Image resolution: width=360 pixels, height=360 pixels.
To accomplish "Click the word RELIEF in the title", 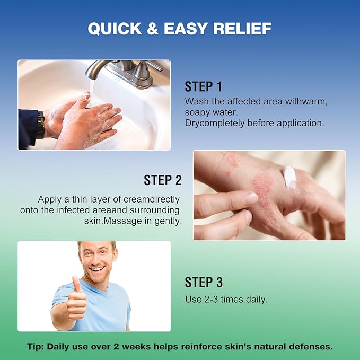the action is tap(242, 29).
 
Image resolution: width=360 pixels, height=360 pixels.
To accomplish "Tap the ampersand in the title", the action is tap(153, 29).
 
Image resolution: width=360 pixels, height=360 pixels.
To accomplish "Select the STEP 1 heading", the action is tap(204, 86).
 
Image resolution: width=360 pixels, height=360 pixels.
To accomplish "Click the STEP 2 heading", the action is tap(163, 180).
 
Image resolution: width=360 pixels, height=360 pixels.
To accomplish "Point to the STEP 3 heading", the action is tap(204, 282).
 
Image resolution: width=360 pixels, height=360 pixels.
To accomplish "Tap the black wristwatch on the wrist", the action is tap(41, 125).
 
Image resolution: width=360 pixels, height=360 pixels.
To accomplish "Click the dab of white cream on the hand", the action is tap(289, 177).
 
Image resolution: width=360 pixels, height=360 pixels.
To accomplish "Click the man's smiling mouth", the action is tap(98, 269).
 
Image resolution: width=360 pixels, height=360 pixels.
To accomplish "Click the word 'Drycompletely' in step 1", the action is tap(215, 124).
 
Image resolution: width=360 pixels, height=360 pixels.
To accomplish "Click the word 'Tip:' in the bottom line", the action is tap(36, 347).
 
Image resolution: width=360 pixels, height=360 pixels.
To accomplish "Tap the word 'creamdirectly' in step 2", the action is tap(152, 199).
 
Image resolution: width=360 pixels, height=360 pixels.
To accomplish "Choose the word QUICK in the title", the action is tap(115, 29).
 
